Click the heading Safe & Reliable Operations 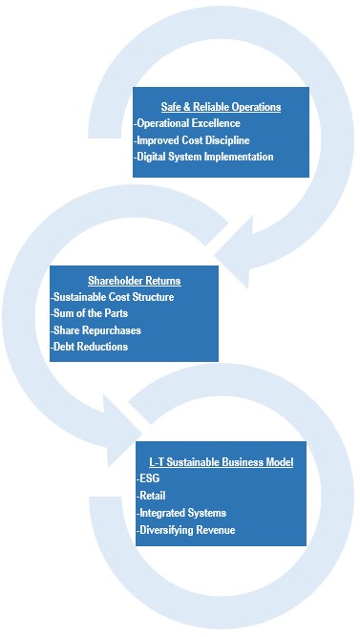[221, 106]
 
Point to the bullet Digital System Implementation [204, 156]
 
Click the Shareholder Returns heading [134, 281]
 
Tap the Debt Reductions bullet [89, 347]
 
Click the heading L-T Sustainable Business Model [222, 463]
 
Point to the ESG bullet [150, 479]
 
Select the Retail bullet [152, 496]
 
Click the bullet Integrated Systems [181, 513]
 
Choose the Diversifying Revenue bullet [186, 529]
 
